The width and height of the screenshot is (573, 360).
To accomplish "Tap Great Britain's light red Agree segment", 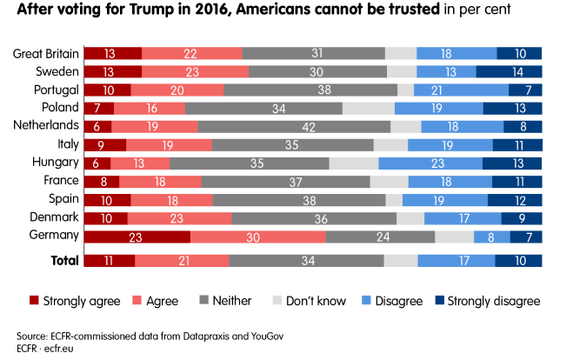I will (x=188, y=54).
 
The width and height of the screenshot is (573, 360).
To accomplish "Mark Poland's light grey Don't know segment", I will (x=369, y=109).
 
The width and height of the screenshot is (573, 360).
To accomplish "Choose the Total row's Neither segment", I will (x=306, y=260).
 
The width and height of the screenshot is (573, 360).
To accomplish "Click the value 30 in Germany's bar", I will (x=258, y=237).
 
